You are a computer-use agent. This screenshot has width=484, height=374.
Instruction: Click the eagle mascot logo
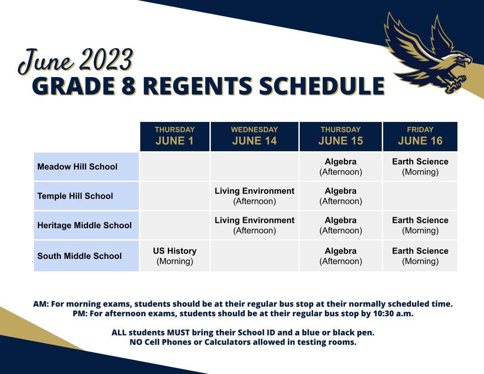click(x=429, y=53)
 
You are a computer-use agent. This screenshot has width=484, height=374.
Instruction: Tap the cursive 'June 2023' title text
click(x=76, y=61)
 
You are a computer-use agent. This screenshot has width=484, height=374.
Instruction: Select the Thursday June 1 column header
click(x=175, y=136)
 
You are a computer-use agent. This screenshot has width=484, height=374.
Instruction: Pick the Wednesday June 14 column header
click(x=254, y=136)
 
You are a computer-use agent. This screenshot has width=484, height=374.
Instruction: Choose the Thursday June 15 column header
click(x=341, y=136)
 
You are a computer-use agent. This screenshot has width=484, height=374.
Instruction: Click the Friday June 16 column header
click(x=420, y=136)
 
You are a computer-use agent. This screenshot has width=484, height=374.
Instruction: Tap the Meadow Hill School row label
click(x=77, y=167)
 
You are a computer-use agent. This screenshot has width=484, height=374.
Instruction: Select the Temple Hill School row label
click(x=75, y=196)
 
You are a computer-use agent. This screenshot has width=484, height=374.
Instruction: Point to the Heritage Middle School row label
click(x=84, y=225)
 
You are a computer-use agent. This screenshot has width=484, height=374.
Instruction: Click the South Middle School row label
click(x=79, y=256)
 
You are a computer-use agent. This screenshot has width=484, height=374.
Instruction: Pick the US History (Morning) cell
click(x=175, y=256)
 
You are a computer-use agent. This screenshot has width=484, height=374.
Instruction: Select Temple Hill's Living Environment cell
click(x=254, y=196)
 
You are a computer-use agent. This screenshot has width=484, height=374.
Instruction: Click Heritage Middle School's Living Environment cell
click(x=254, y=225)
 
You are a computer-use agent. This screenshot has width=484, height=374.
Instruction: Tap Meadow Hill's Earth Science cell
click(x=420, y=167)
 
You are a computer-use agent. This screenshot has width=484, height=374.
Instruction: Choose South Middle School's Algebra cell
click(x=341, y=256)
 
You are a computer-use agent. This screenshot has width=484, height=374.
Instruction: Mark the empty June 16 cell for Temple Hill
click(x=420, y=196)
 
